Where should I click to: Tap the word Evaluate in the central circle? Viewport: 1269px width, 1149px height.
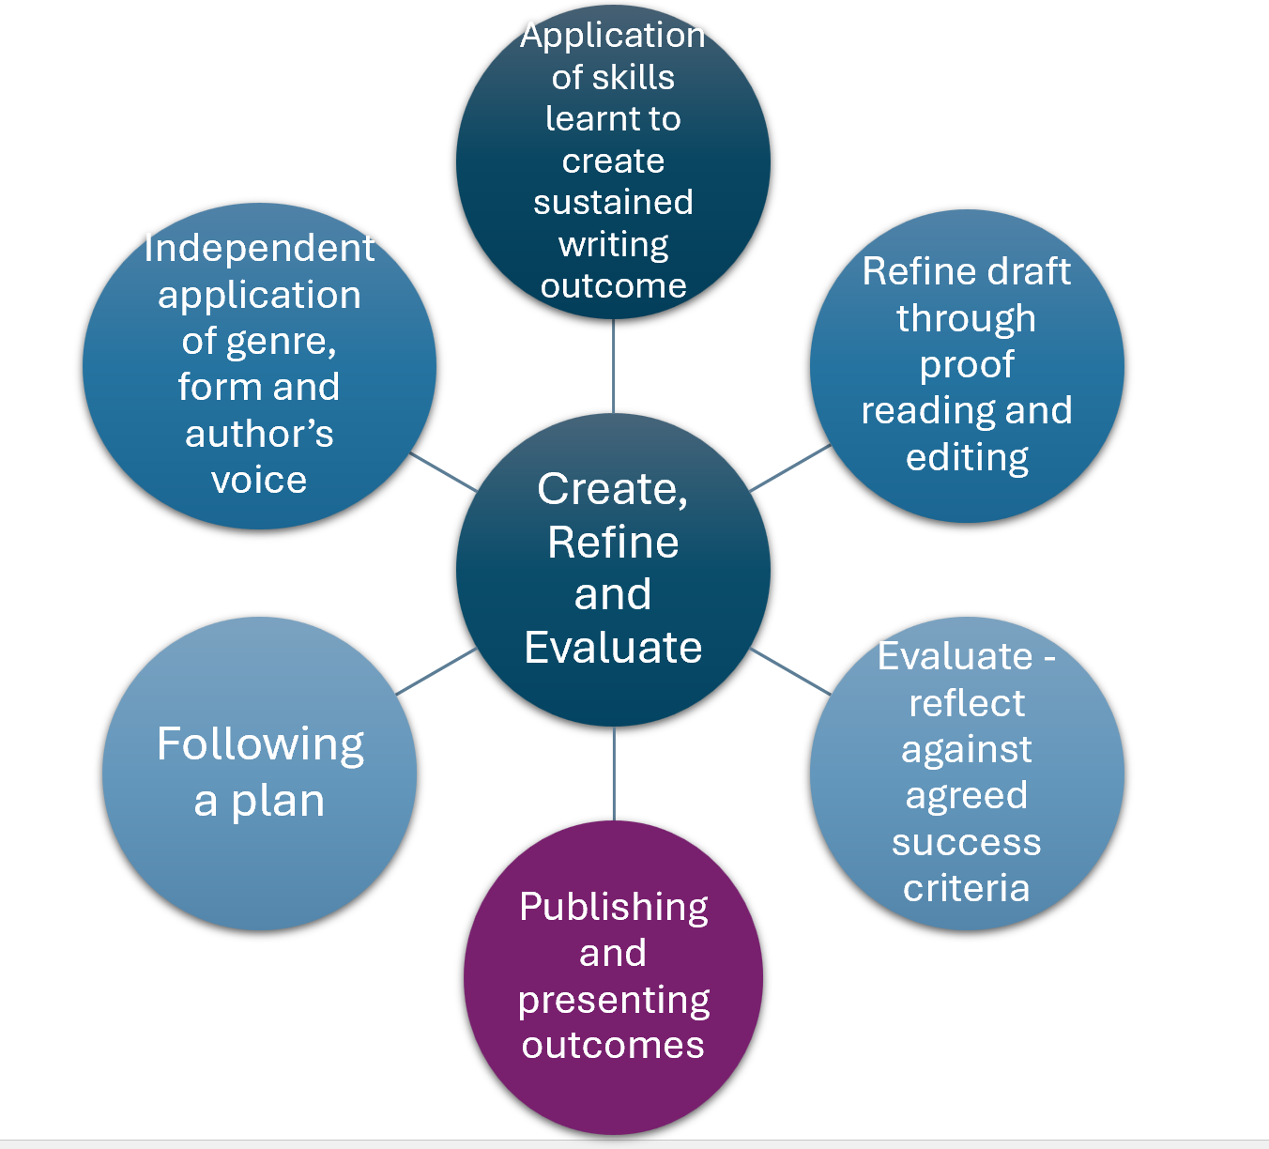613,648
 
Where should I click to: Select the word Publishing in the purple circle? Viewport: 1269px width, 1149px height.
614,908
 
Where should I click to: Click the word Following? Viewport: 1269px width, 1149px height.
260,744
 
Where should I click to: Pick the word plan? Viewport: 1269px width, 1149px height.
278,802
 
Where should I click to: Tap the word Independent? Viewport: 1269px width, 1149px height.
259,248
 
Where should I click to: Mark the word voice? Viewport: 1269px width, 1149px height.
259,480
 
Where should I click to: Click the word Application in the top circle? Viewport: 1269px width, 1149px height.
613,36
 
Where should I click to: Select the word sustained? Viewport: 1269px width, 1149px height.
613,202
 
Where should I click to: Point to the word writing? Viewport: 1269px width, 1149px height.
613,245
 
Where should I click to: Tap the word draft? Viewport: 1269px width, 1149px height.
1024,271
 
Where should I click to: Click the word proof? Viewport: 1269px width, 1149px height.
967,365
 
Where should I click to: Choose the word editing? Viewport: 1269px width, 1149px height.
967,458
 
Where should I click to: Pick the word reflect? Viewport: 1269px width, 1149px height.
967,703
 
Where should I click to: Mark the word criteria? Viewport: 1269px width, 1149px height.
967,888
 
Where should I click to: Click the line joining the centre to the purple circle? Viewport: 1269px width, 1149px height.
614,774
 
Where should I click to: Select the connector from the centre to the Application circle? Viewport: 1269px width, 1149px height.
613,366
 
